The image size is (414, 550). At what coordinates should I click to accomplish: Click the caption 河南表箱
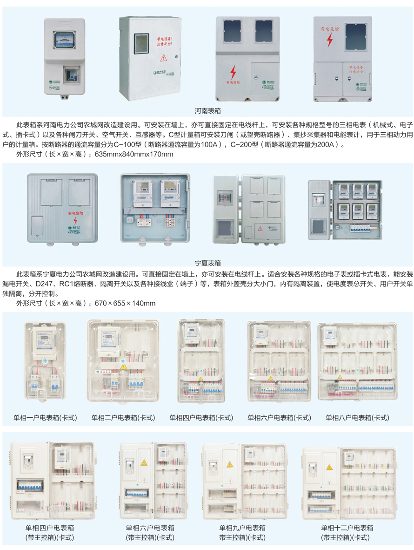click(x=207, y=111)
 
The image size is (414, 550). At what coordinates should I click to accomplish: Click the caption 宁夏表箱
click(x=207, y=263)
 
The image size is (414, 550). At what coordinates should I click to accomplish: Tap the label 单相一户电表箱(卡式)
click(x=45, y=418)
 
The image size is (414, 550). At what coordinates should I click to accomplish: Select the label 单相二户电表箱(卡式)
click(x=123, y=418)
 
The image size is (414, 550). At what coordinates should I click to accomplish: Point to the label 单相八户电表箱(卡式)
click(x=357, y=418)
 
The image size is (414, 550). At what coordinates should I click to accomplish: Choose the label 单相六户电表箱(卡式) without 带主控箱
click(x=279, y=418)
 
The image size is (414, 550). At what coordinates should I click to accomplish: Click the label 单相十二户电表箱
click(x=347, y=528)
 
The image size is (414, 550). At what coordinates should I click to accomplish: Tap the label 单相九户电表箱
click(x=242, y=528)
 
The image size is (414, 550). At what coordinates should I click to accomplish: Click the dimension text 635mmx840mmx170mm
click(x=134, y=154)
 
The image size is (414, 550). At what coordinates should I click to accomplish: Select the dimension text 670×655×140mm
click(x=125, y=304)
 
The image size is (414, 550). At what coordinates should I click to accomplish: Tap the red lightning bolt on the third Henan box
click(x=233, y=72)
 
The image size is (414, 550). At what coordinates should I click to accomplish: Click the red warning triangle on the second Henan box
click(x=163, y=58)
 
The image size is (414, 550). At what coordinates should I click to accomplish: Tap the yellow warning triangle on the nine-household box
click(x=229, y=465)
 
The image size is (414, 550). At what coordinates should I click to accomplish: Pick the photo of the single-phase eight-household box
click(x=357, y=362)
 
